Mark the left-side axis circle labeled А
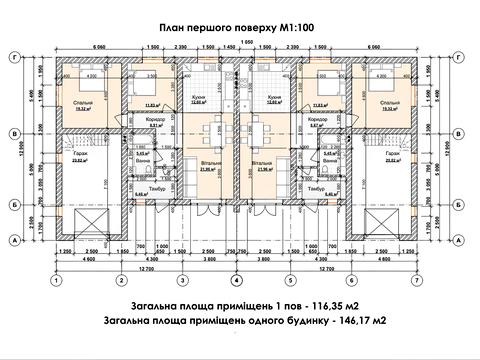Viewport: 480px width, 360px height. click(x=12, y=239)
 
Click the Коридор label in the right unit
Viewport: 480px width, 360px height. click(x=320, y=118)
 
